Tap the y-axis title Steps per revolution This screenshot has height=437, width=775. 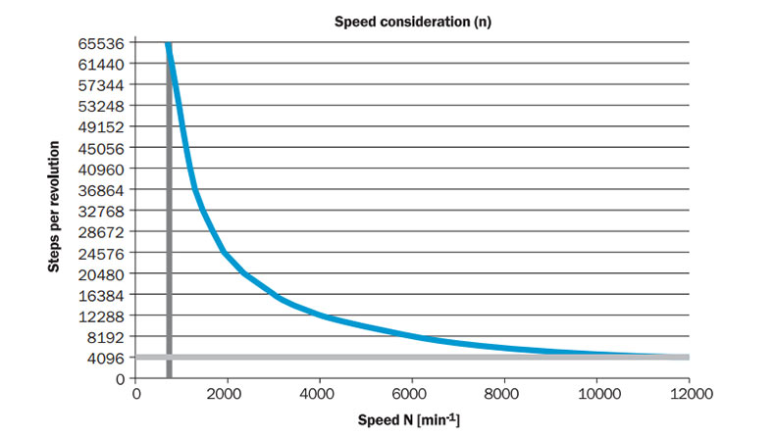tap(56, 209)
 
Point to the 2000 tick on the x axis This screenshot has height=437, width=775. tap(228, 394)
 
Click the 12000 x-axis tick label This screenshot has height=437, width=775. tap(688, 394)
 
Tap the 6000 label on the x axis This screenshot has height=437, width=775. tap(412, 394)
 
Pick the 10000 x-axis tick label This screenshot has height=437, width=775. tap(595, 394)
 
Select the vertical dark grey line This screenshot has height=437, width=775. tap(169, 245)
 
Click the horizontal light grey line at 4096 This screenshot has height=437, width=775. tap(441, 358)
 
